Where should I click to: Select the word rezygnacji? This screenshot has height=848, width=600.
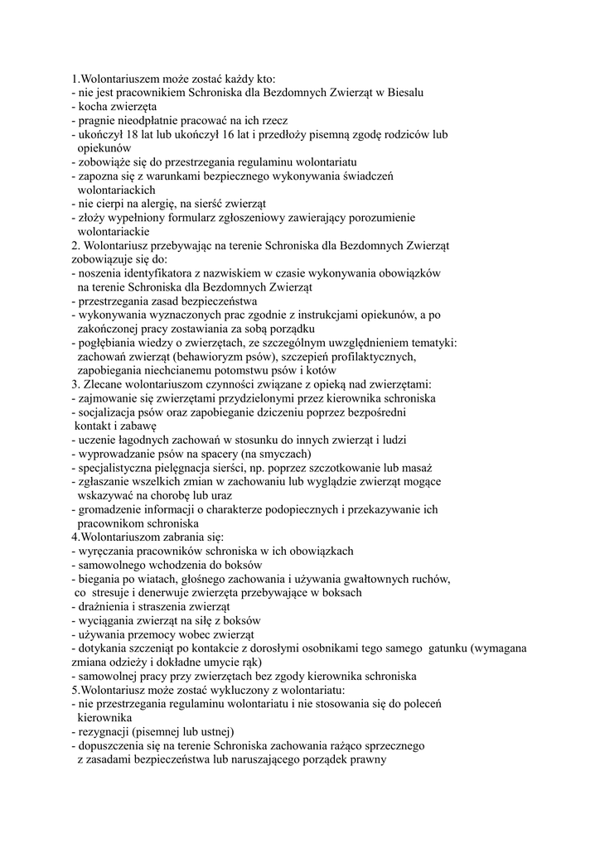click(106, 732)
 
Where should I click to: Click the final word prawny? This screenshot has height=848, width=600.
click(368, 760)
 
